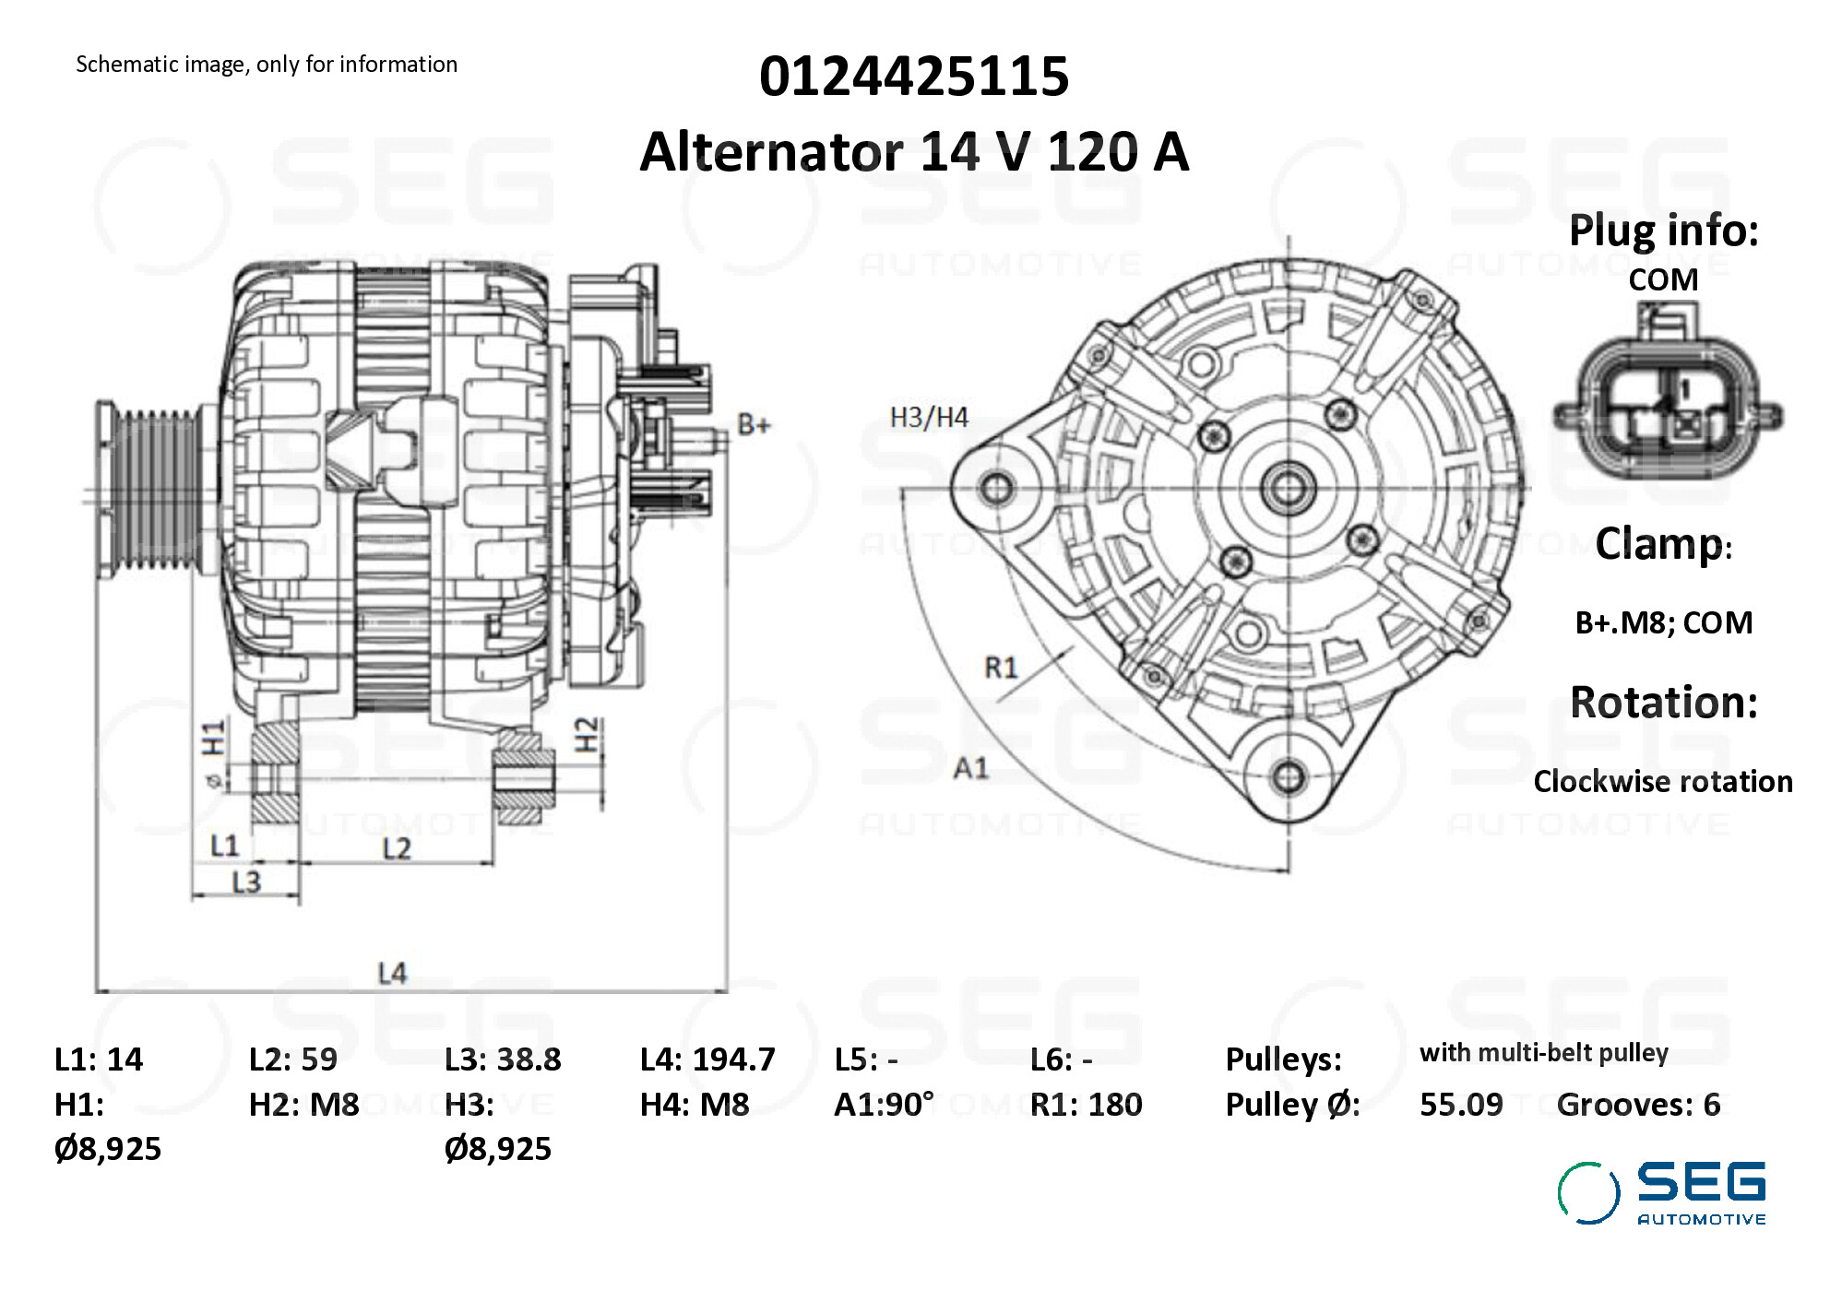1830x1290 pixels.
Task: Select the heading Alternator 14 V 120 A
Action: [x=913, y=151]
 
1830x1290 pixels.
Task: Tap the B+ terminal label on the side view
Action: [x=754, y=425]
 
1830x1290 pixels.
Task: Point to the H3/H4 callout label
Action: [x=928, y=418]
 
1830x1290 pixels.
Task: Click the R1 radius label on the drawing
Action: [x=1001, y=667]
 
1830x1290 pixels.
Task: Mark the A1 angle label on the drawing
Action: [x=970, y=767]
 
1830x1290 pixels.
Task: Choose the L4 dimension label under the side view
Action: [x=392, y=973]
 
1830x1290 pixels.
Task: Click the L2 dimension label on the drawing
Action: [x=397, y=848]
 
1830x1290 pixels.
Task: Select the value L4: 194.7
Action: [x=707, y=1059]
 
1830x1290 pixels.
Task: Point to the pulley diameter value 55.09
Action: [x=1460, y=1104]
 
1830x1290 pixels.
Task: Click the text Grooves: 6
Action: [x=1638, y=1104]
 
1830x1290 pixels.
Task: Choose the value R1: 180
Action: [x=1086, y=1104]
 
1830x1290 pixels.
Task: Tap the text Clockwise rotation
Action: [x=1662, y=781]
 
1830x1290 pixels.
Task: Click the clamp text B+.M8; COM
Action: [x=1663, y=622]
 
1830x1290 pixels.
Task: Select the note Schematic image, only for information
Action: [x=267, y=65]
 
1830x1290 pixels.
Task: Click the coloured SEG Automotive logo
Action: [x=1661, y=1193]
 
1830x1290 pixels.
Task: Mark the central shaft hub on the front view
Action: [x=1288, y=488]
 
